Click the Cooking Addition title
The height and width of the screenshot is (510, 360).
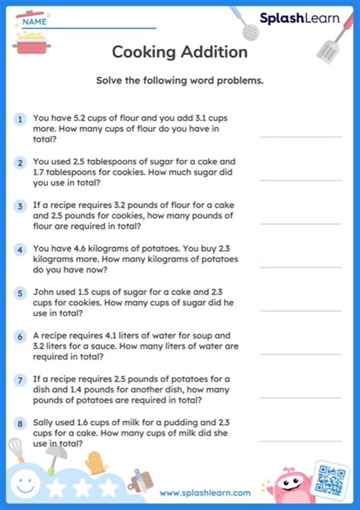pyautogui.click(x=180, y=52)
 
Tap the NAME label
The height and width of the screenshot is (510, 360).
pyautogui.click(x=34, y=22)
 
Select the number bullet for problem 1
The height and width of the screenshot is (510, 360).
pyautogui.click(x=20, y=119)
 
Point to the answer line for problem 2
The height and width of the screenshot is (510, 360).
pyautogui.click(x=301, y=180)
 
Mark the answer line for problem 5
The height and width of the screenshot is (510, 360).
pyautogui.click(x=301, y=310)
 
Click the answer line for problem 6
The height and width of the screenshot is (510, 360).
pyautogui.click(x=301, y=353)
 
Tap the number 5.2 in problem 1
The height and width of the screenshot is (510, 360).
pyautogui.click(x=87, y=119)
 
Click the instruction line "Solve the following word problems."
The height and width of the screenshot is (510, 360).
pyautogui.click(x=180, y=81)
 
